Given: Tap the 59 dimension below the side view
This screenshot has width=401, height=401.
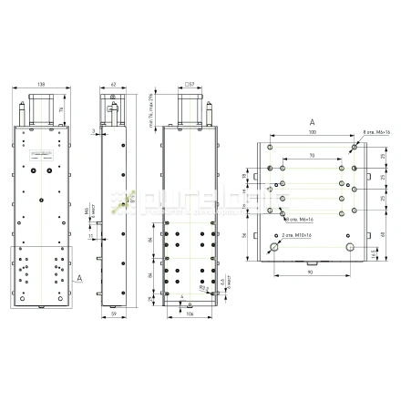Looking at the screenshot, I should coord(115,315).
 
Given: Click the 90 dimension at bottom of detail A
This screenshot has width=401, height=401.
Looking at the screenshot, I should coord(312,272).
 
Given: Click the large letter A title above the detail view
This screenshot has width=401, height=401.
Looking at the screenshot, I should coord(312,120).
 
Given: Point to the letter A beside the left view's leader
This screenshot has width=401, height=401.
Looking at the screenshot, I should coord(79,274).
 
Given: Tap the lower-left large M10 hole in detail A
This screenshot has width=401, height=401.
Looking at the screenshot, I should coord(274,248).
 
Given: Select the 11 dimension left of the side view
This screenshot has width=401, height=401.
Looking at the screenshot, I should coord(90,237).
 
